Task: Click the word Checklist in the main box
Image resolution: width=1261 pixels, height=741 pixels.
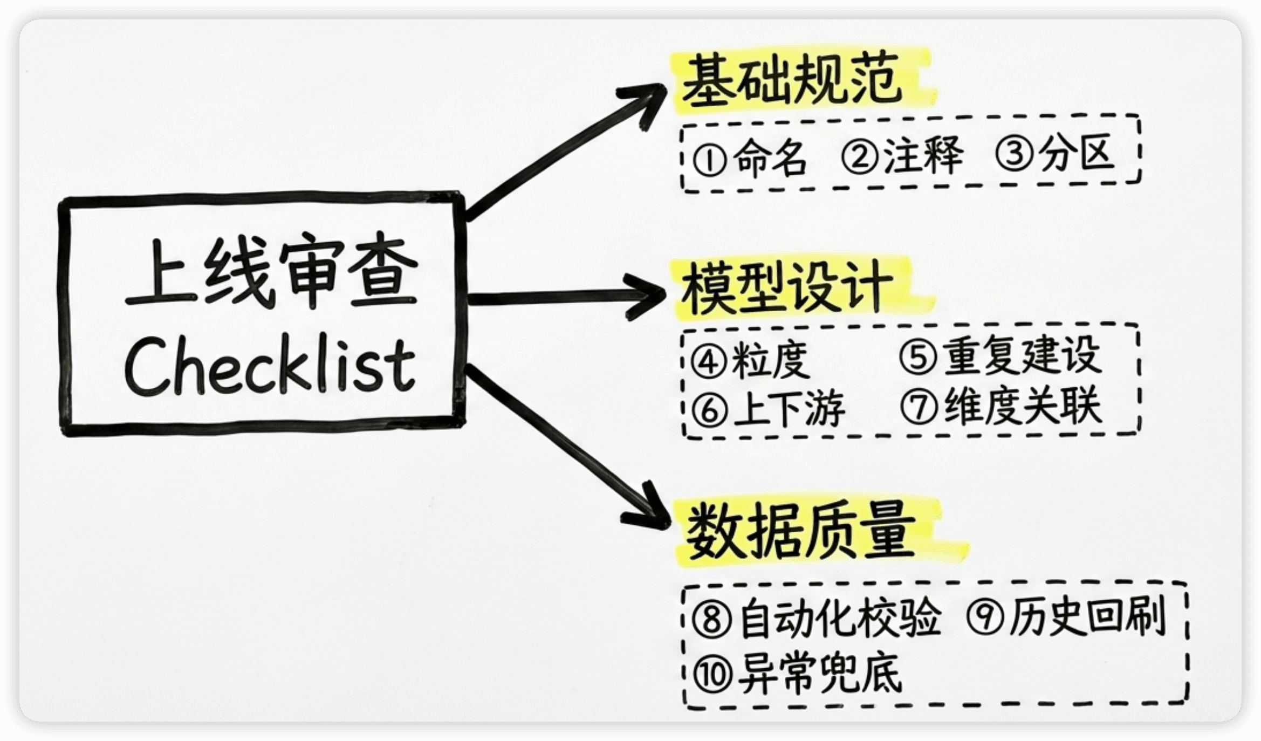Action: pos(270,365)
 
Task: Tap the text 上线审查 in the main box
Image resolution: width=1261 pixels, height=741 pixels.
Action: pos(271,272)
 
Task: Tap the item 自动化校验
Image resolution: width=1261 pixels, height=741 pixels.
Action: pos(840,618)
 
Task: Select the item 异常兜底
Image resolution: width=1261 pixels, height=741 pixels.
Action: pos(819,674)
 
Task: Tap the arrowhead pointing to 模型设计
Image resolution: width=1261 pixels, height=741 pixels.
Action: pos(647,297)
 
